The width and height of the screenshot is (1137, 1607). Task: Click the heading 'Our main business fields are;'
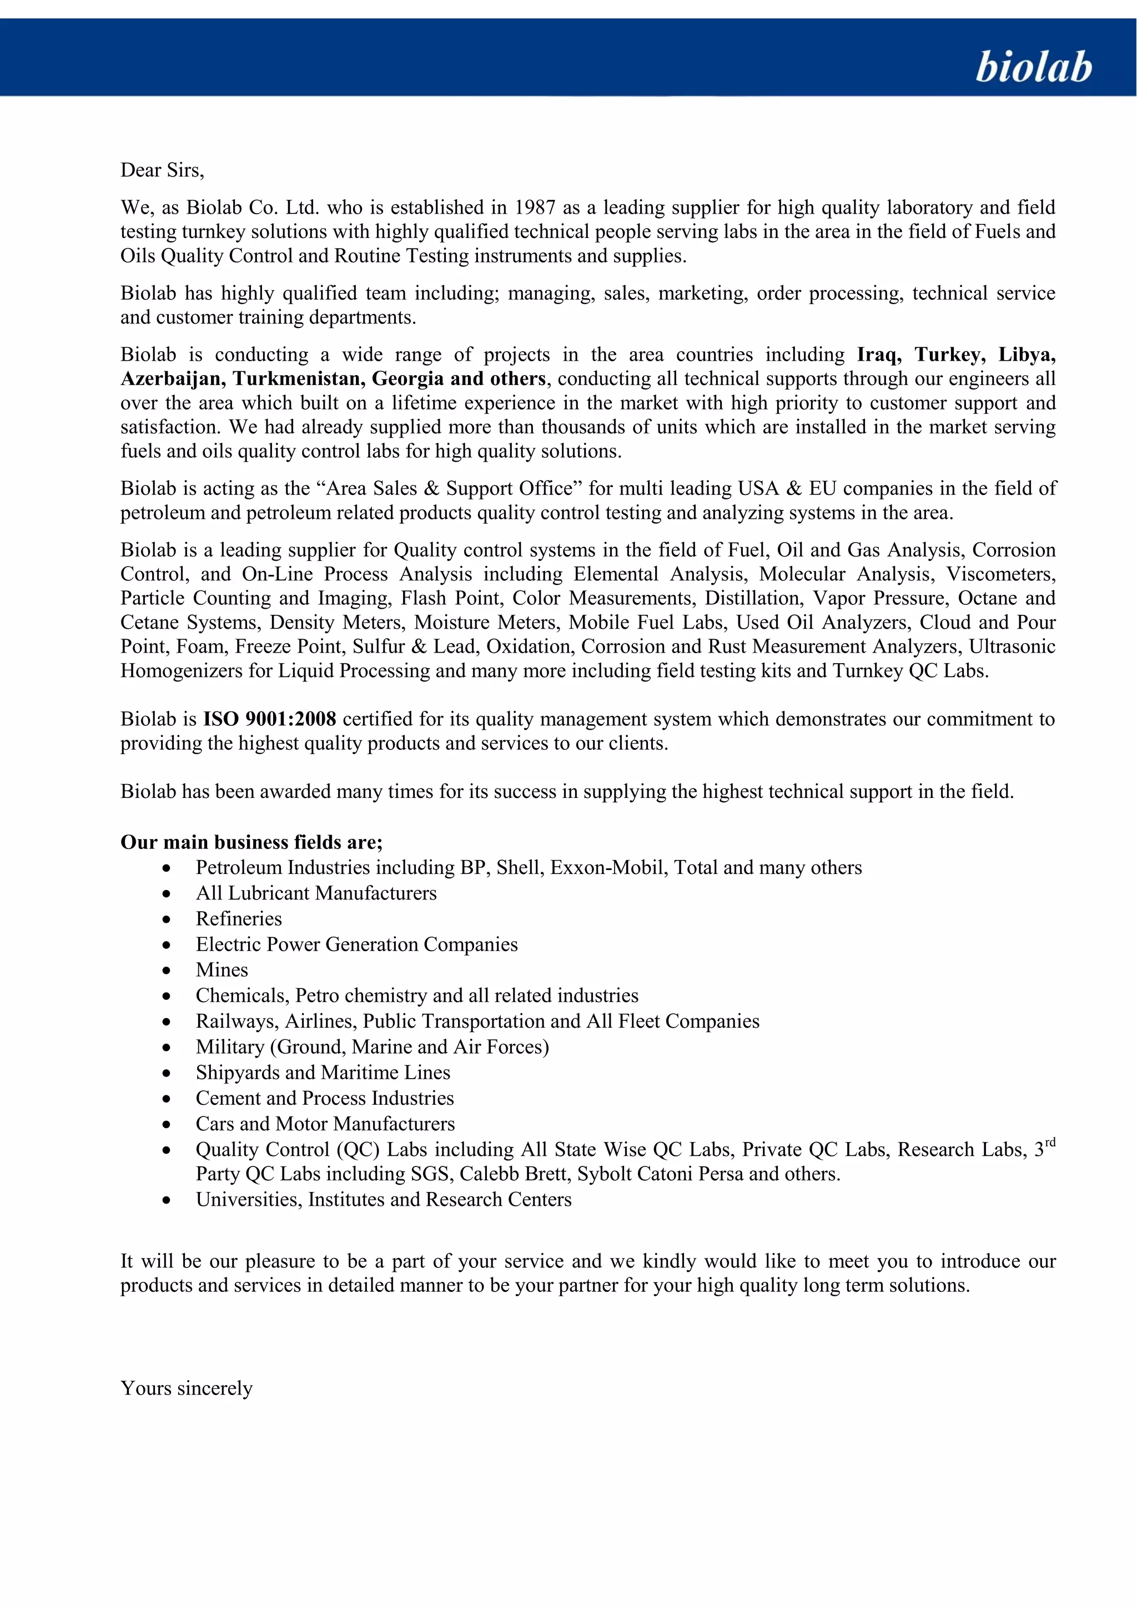click(x=251, y=841)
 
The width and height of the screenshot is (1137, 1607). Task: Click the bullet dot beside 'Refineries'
click(x=167, y=919)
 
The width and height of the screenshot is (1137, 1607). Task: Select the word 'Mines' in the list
click(x=222, y=969)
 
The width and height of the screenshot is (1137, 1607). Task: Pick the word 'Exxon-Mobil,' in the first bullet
click(x=609, y=867)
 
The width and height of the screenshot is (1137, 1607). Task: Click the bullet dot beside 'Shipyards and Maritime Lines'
click(x=167, y=1073)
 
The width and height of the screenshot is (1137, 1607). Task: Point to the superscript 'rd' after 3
click(x=1049, y=1142)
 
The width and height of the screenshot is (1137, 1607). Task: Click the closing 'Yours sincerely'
click(x=186, y=1388)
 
